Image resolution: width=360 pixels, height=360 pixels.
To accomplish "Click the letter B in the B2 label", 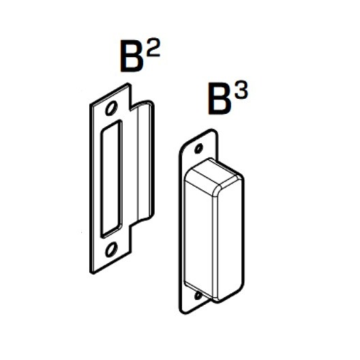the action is pos(132,57).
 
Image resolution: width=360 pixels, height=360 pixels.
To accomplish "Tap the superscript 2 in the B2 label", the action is pos(153,48).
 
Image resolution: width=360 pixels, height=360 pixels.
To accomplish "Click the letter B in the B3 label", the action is pos(220,98).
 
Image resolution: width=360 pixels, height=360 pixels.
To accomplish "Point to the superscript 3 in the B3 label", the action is pos(241,90).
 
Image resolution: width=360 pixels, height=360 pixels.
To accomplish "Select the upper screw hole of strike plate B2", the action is pos(111,108).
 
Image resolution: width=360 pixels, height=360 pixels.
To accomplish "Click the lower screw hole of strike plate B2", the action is pos(111,250).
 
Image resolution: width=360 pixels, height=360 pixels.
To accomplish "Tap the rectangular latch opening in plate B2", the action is pos(112,179).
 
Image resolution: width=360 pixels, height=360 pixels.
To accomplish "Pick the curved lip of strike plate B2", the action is pos(145,161).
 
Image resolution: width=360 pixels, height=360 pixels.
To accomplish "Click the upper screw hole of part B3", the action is pos(198,149).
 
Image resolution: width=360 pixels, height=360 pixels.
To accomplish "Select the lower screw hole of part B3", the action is pos(198,295).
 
